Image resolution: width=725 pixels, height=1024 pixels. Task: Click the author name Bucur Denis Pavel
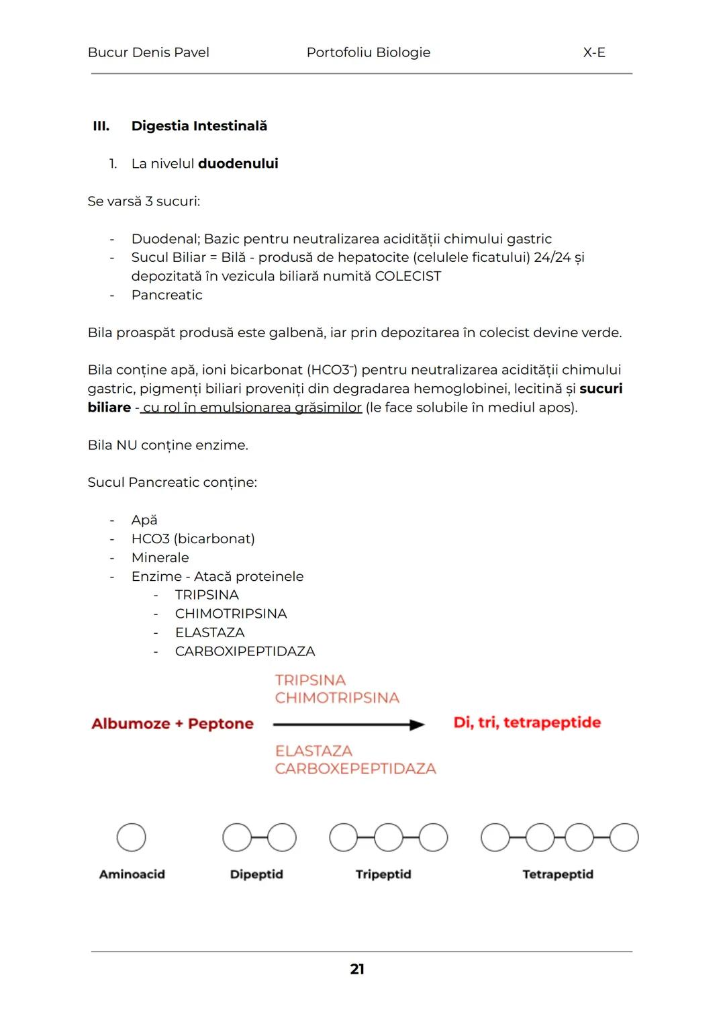click(148, 52)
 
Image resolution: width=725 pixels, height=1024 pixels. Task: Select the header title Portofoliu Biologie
click(368, 52)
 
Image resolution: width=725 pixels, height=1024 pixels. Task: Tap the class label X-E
click(594, 52)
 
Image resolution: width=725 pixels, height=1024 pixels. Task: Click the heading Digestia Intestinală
click(199, 126)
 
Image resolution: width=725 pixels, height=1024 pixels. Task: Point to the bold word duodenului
click(238, 164)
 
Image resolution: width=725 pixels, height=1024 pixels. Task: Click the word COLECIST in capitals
click(407, 276)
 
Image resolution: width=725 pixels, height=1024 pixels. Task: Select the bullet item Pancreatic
click(166, 295)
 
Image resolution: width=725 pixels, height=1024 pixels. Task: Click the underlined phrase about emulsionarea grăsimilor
click(252, 408)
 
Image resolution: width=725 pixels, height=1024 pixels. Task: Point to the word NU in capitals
click(126, 445)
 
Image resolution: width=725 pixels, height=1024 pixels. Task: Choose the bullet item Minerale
click(160, 557)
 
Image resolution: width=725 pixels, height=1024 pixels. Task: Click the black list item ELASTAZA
click(209, 633)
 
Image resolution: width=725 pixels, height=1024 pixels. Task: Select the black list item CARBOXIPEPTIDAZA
click(244, 651)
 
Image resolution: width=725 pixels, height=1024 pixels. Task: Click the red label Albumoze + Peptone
click(173, 724)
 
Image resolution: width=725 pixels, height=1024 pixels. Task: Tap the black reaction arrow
click(348, 725)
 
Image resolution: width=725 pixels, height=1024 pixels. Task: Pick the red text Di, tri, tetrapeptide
click(527, 723)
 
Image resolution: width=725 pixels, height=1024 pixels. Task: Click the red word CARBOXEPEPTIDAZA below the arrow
click(355, 768)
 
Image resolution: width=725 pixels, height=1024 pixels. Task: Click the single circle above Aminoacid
click(132, 837)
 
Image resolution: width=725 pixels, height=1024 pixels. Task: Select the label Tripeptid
click(383, 874)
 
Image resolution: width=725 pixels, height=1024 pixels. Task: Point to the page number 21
click(357, 969)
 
